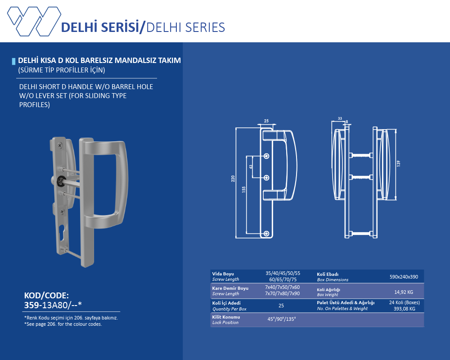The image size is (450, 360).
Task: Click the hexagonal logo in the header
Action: click(34, 21)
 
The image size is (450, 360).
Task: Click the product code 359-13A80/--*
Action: click(53, 305)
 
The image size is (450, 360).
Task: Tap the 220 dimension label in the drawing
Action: click(233, 179)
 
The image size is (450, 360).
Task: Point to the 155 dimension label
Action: click(243, 189)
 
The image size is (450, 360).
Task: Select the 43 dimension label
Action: click(251, 166)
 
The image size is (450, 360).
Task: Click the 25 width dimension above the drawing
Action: click(266, 121)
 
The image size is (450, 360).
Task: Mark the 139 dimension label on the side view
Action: click(398, 164)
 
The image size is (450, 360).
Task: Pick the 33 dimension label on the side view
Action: click(340, 118)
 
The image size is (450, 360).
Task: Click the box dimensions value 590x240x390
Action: click(404, 277)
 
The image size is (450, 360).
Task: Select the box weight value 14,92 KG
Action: click(404, 292)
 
